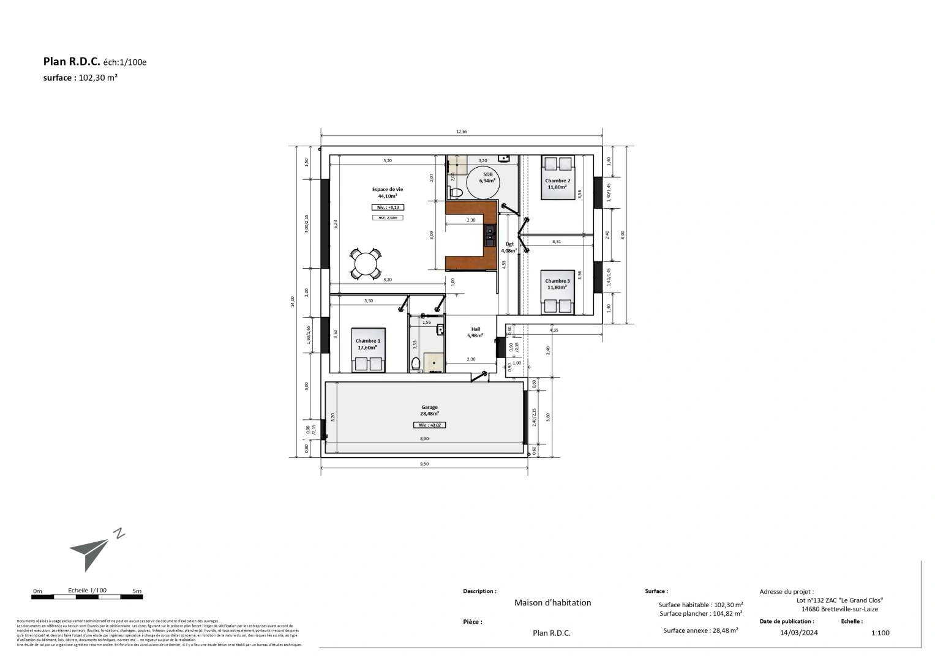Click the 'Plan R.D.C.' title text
point(71,61)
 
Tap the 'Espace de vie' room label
point(387,190)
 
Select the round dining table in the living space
point(366,264)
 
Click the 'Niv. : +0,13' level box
point(387,207)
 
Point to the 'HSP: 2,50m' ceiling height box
point(387,217)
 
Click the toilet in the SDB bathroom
point(456,192)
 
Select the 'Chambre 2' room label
point(557,181)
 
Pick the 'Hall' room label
point(475,329)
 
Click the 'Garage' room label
point(429,407)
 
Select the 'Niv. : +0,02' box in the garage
point(429,425)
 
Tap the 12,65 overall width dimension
point(461,131)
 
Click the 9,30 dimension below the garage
point(424,464)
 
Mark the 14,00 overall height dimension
point(293,301)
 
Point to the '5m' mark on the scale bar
point(137,591)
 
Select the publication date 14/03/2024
point(799,633)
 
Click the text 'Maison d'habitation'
point(552,603)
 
